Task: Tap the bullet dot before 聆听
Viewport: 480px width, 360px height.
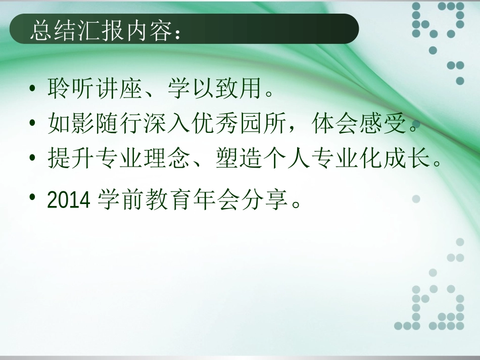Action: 33,89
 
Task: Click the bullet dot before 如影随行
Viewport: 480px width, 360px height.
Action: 33,123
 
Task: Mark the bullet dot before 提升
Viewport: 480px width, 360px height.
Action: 33,158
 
